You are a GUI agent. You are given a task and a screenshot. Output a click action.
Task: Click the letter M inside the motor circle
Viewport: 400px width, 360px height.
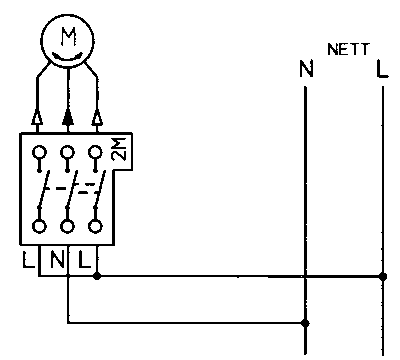pyautogui.click(x=68, y=36)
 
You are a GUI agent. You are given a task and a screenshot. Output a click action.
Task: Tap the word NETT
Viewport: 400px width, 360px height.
pyautogui.click(x=348, y=49)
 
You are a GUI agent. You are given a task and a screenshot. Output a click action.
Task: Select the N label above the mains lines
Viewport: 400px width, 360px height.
pyautogui.click(x=306, y=69)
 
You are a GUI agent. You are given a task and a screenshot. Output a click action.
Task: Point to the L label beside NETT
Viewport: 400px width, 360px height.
pyautogui.click(x=382, y=69)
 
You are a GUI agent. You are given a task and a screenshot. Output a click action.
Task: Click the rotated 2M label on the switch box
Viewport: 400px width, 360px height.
pyautogui.click(x=119, y=148)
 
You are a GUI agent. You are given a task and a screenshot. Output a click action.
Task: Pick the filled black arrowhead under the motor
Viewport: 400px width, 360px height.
pyautogui.click(x=68, y=118)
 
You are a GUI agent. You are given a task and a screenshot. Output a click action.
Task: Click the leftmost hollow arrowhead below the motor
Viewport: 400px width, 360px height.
pyautogui.click(x=37, y=118)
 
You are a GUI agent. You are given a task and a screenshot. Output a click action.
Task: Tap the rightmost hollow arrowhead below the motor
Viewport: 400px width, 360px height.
pyautogui.click(x=97, y=118)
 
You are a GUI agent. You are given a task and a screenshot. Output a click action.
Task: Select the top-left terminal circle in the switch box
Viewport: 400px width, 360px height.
pyautogui.click(x=39, y=152)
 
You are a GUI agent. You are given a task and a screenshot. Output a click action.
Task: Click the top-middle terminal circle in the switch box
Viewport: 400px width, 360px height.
pyautogui.click(x=67, y=152)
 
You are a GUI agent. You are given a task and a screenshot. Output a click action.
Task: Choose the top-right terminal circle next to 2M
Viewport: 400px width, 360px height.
pyautogui.click(x=95, y=152)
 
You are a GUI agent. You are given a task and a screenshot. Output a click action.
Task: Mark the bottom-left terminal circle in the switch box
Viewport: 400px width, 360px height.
pyautogui.click(x=39, y=226)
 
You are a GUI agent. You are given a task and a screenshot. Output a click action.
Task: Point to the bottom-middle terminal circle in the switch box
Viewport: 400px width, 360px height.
pyautogui.click(x=67, y=226)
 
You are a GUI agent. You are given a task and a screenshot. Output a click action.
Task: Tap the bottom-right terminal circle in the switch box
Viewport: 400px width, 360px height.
pyautogui.click(x=95, y=226)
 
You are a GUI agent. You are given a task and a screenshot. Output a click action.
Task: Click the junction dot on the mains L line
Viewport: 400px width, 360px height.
pyautogui.click(x=383, y=276)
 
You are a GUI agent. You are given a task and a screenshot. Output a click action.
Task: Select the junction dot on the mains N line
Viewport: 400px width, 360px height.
pyautogui.click(x=305, y=323)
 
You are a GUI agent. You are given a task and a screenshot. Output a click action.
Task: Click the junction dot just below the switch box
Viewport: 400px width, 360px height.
pyautogui.click(x=97, y=276)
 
